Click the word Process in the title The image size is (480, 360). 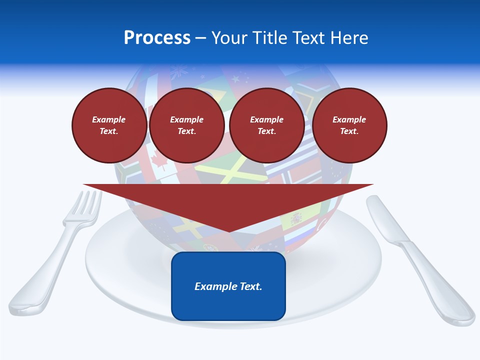(157, 38)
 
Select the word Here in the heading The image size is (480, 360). (347, 38)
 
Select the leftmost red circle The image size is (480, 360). (109, 125)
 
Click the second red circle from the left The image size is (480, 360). (186, 125)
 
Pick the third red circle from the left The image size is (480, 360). (266, 125)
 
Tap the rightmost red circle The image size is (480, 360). (349, 125)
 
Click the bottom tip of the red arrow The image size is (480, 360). (228, 231)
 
